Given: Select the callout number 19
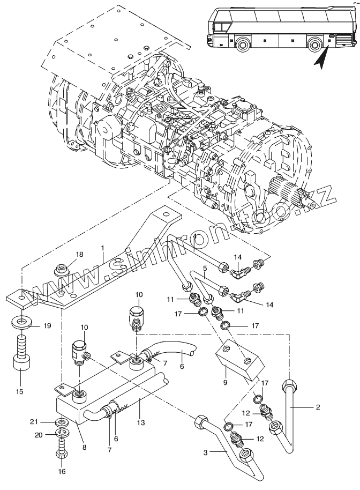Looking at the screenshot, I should (47, 325).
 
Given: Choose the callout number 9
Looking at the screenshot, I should (226, 382).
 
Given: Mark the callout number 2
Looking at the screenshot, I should (318, 407).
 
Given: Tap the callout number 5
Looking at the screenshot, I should (205, 267).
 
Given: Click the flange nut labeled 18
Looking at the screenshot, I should (61, 270).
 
